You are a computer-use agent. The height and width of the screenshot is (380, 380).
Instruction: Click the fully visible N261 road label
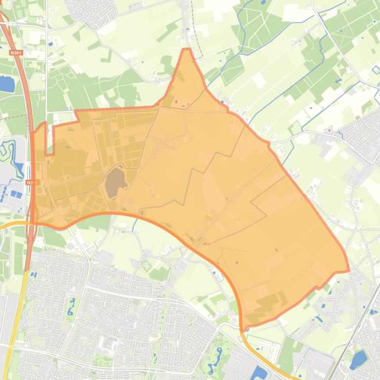pos(16,52)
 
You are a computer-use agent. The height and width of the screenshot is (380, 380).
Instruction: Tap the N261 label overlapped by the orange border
pos(32,183)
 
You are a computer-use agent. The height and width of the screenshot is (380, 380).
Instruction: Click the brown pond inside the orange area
pos(115,180)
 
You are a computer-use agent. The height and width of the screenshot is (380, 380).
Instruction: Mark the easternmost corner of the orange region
pos(348,270)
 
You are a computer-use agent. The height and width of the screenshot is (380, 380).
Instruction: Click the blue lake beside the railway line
pos(358,358)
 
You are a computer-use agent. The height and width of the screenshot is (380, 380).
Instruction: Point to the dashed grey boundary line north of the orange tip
pos(196,30)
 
